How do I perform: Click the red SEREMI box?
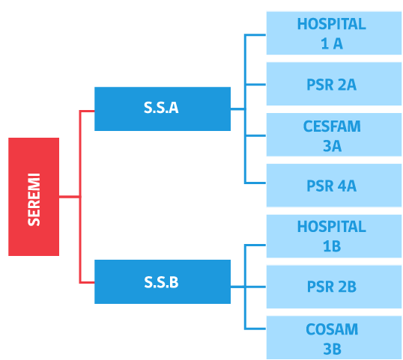[34, 197]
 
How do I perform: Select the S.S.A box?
[163, 109]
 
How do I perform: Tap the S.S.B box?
[163, 281]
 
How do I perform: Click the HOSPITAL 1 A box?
[334, 33]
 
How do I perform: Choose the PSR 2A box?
[334, 84]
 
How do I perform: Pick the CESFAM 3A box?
[334, 135]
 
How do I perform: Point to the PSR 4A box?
[334, 185]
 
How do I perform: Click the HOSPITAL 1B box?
[334, 236]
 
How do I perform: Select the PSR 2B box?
[334, 287]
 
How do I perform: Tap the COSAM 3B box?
[334, 338]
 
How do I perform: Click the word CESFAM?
[332, 126]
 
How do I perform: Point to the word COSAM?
[332, 329]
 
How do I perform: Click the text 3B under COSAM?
[332, 349]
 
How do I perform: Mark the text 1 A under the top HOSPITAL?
[332, 43]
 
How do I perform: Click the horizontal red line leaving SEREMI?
[70, 197]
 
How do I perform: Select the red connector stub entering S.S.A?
[87, 111]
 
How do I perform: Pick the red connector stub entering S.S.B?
[87, 282]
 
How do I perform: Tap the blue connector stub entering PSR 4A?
[255, 183]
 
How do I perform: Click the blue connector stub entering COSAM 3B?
[255, 329]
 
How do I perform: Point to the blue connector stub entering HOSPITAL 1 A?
[255, 34]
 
